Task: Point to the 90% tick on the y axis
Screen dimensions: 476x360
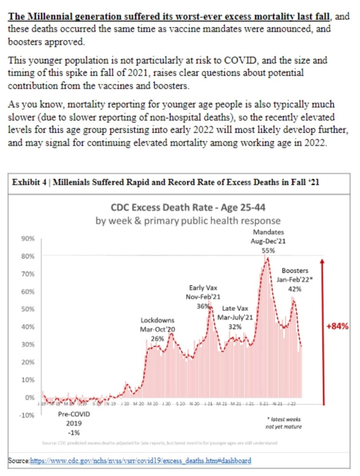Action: tap(28, 238)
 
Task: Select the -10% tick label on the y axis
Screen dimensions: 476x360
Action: tap(27, 415)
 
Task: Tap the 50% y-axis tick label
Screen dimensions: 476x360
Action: tap(28, 309)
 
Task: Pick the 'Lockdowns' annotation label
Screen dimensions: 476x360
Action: tap(157, 320)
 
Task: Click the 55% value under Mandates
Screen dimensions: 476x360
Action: tap(268, 250)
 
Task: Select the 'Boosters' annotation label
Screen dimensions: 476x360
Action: tap(295, 271)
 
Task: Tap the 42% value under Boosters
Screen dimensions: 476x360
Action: tap(295, 288)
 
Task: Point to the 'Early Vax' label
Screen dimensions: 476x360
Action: tap(203, 288)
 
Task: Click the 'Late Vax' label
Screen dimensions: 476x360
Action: tap(235, 308)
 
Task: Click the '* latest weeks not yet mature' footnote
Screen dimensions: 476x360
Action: tap(283, 423)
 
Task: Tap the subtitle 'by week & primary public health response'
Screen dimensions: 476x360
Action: tap(188, 221)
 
